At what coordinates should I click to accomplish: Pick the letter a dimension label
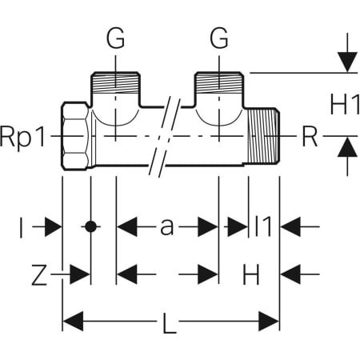pos(167,227)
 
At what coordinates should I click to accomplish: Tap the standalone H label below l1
pos(250,275)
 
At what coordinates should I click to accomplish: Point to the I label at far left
pos(22,227)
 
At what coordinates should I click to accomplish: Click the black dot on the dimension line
pos(91,227)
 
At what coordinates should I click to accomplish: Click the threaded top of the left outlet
pos(117,81)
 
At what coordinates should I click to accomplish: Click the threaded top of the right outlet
pos(222,81)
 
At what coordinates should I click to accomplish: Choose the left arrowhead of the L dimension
pos(72,323)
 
